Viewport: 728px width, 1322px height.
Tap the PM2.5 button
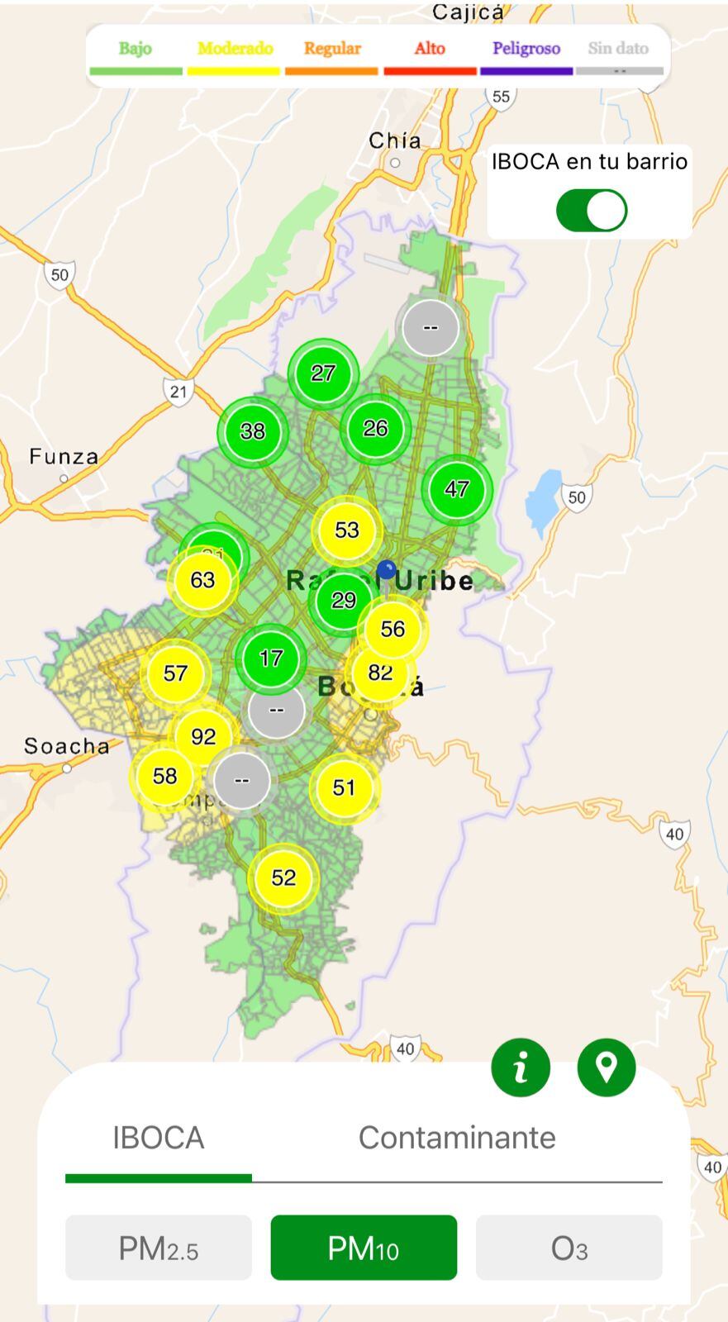point(158,1248)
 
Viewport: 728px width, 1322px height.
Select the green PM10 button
point(364,1248)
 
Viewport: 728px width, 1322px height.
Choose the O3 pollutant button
point(569,1248)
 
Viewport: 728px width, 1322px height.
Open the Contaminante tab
point(456,1138)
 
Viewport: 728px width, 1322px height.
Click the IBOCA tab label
point(158,1138)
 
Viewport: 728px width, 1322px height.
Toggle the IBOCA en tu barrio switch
point(592,211)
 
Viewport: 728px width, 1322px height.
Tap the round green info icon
point(521,1068)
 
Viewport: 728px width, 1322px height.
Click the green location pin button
point(607,1068)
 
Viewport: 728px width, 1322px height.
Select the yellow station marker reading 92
point(203,736)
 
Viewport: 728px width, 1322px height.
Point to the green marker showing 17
point(271,659)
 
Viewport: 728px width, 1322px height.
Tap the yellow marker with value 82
point(380,673)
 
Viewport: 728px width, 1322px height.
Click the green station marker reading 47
point(457,489)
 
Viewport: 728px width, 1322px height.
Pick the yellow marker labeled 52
point(283,877)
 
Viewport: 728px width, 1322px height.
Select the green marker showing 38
point(253,431)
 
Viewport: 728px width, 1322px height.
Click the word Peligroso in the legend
point(526,49)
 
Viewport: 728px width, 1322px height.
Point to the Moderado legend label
point(235,49)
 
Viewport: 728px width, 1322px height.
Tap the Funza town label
point(64,457)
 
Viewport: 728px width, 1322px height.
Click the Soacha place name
point(66,747)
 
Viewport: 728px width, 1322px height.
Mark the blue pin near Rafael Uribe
point(386,570)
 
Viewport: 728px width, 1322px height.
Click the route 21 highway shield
point(178,391)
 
